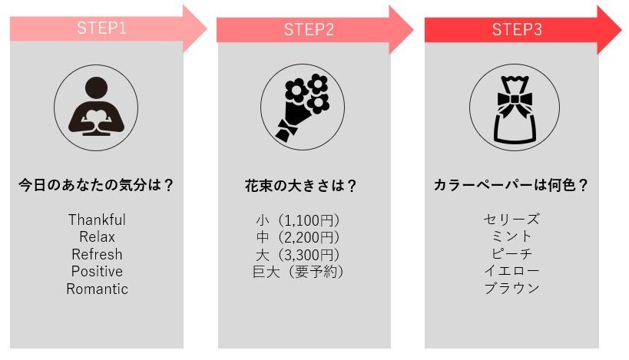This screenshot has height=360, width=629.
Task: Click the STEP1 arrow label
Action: [x=101, y=29]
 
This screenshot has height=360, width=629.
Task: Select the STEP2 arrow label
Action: [x=309, y=30]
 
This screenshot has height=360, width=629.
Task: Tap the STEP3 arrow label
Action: [x=517, y=30]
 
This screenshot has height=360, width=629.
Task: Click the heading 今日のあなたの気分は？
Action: [x=96, y=185]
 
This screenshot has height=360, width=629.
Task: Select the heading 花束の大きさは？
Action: [x=303, y=185]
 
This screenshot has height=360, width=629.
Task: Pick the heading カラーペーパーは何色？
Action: [x=511, y=185]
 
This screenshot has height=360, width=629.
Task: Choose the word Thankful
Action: [x=97, y=220]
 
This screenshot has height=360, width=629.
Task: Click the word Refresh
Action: [x=97, y=254]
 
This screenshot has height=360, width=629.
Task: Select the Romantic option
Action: [x=97, y=289]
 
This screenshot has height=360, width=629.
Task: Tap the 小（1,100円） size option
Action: [x=297, y=220]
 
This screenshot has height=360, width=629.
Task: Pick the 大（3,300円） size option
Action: [x=297, y=254]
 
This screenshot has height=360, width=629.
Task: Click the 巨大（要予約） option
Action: [x=297, y=272]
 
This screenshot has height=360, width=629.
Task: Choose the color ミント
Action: [x=511, y=236]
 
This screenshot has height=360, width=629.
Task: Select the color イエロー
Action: [x=511, y=272]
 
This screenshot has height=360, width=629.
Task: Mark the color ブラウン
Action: [x=511, y=289]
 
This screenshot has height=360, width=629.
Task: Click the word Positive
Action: [x=97, y=272]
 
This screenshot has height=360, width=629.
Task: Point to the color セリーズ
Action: [x=511, y=220]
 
